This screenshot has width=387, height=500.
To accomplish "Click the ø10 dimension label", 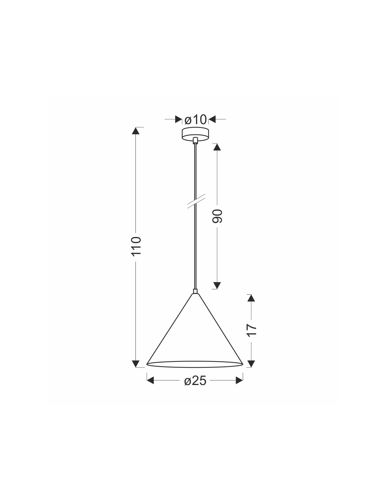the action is click(196, 120).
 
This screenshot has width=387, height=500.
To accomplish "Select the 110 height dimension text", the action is click(136, 246).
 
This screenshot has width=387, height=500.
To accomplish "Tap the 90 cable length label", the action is click(217, 216).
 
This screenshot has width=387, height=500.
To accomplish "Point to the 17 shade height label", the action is click(252, 330).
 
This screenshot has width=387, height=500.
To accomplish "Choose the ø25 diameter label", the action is click(195, 381).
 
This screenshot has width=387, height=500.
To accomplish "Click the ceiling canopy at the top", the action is click(195, 134).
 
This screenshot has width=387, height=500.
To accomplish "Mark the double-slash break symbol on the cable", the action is click(196, 201).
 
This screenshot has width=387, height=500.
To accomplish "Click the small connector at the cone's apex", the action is click(195, 291).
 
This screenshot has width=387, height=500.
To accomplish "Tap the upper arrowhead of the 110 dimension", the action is click(135, 131).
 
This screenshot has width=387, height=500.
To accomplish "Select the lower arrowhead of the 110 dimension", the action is click(135, 364).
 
